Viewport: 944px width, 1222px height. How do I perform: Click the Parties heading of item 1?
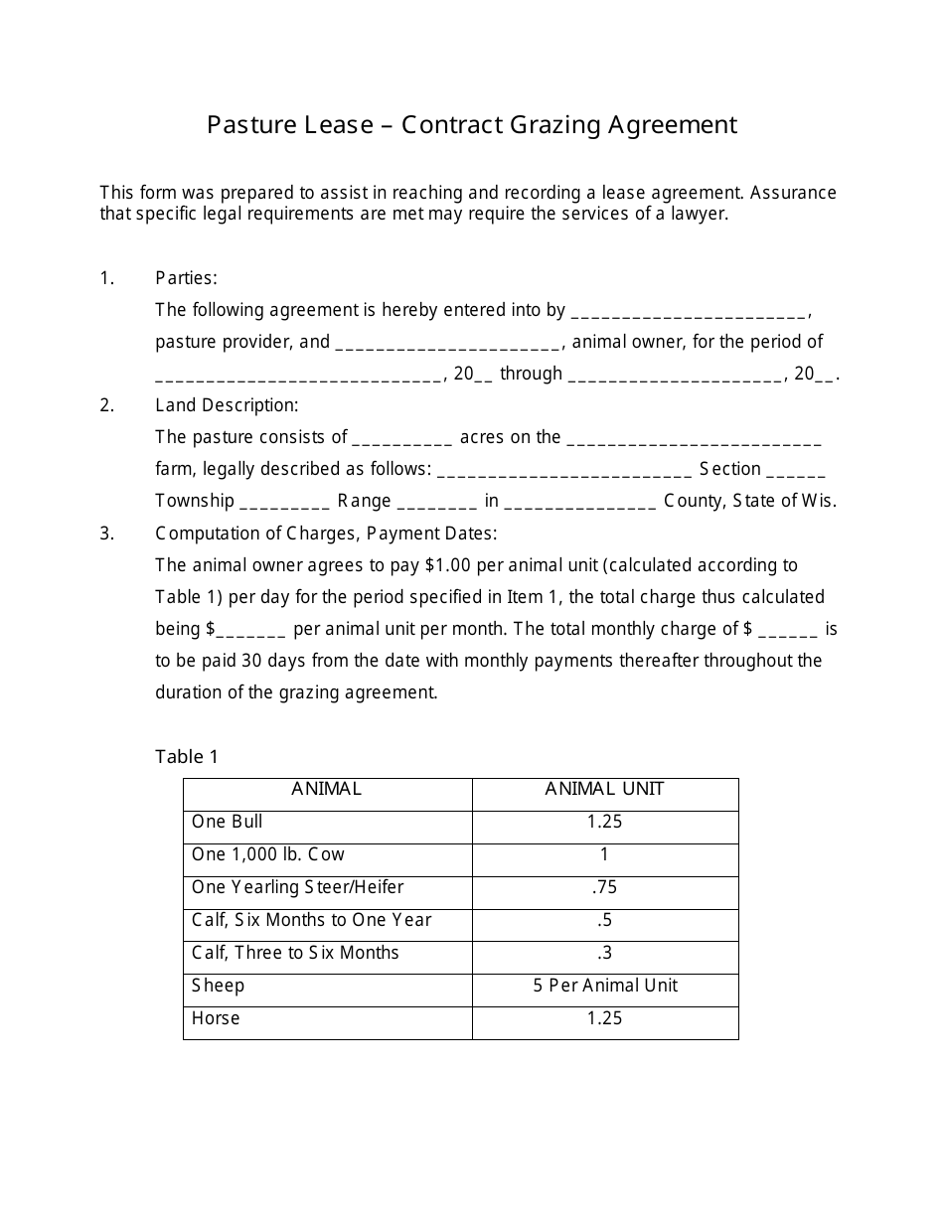[186, 278]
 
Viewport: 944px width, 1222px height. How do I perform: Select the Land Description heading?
[227, 405]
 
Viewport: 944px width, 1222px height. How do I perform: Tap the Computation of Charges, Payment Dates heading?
[326, 534]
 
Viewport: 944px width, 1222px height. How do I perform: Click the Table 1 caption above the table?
[187, 757]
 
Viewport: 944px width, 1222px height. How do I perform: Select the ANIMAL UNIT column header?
[604, 790]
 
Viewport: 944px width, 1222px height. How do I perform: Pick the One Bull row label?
[228, 823]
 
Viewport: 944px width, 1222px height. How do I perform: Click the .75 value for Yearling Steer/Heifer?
[604, 887]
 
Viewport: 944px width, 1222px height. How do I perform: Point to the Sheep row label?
[218, 986]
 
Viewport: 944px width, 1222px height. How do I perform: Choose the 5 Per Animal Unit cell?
[604, 986]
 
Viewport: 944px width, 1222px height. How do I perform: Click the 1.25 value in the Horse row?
[604, 1018]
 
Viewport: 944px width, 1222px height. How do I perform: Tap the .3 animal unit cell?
[604, 953]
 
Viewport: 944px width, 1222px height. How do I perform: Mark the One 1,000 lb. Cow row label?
[268, 854]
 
